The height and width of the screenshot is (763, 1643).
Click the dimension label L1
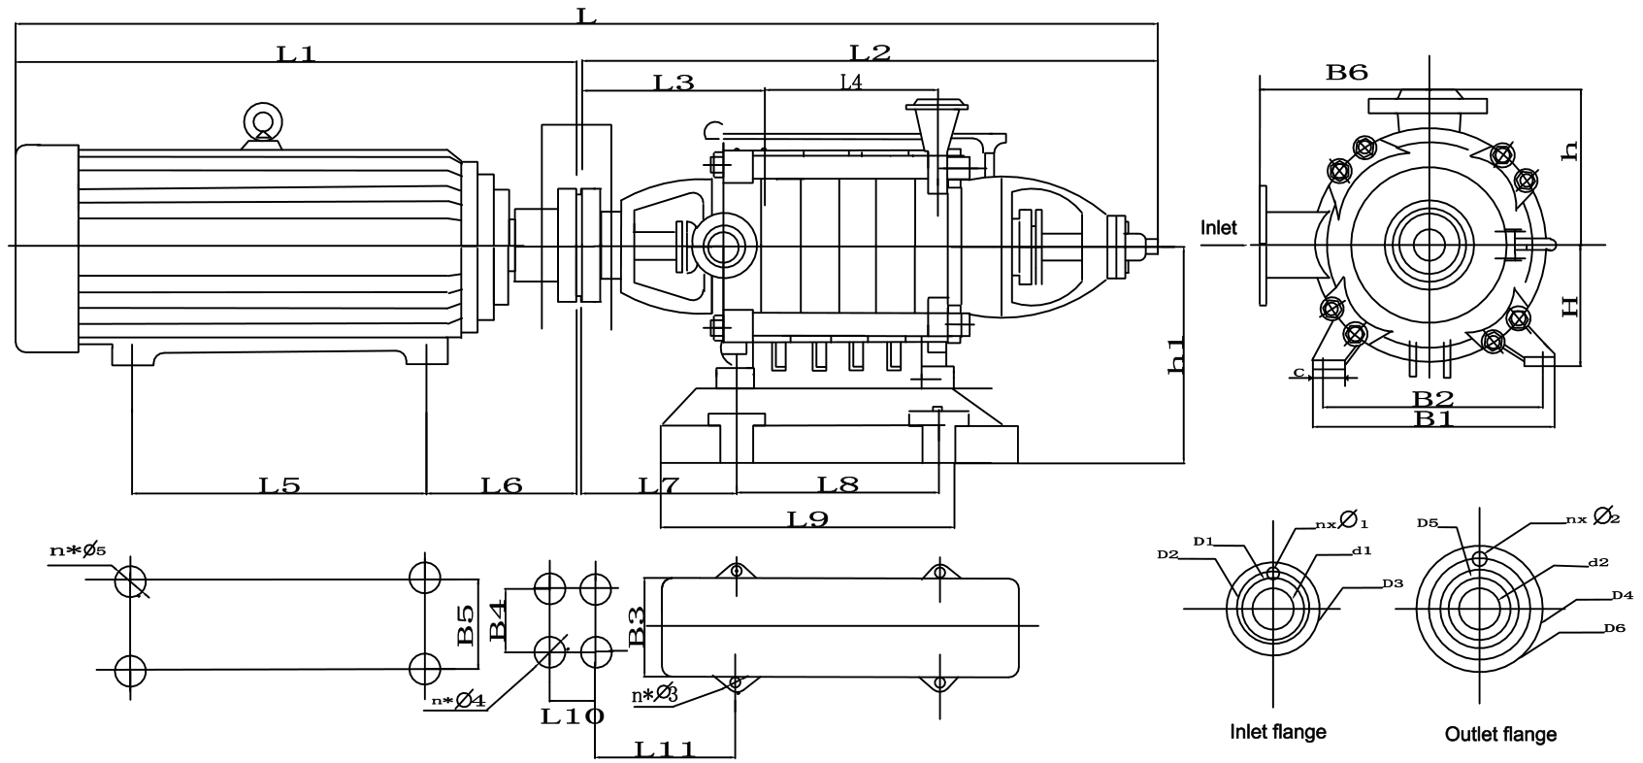[296, 53]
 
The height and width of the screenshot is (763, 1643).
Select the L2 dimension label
[870, 52]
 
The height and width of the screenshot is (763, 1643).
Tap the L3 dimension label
[674, 83]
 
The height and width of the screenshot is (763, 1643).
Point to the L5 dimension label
[279, 485]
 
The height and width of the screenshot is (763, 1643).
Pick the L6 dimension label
[502, 485]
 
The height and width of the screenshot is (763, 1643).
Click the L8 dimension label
[838, 484]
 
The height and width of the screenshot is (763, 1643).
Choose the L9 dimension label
[807, 519]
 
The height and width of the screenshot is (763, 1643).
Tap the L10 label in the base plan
[573, 716]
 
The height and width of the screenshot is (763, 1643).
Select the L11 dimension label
[665, 749]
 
